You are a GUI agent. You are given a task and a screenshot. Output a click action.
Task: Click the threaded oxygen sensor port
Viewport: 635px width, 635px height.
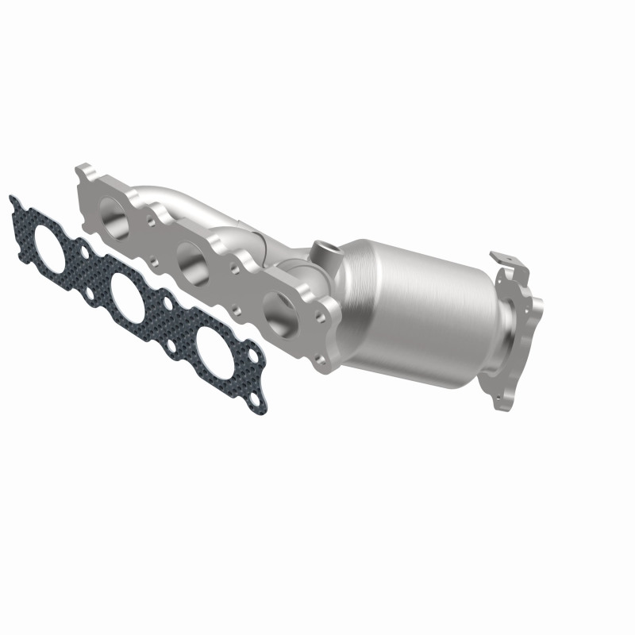[x=325, y=251]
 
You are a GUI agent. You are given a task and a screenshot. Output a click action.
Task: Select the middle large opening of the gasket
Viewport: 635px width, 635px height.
[x=131, y=294]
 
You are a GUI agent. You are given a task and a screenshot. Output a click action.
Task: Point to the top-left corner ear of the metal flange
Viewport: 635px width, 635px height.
[x=85, y=172]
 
